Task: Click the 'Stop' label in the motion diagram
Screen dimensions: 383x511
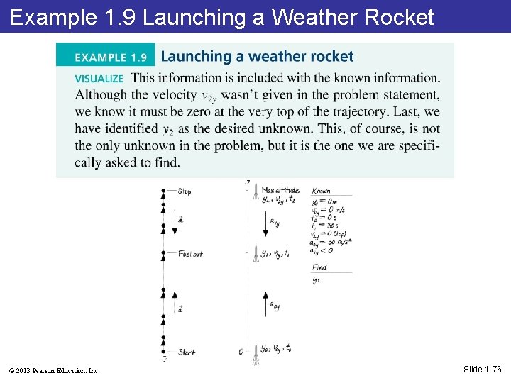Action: click(x=184, y=191)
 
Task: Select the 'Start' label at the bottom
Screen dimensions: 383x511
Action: click(x=187, y=352)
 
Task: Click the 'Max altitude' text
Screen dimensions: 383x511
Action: click(x=280, y=190)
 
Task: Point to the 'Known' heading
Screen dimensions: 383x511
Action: click(x=321, y=191)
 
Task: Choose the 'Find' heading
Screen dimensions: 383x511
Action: click(x=319, y=267)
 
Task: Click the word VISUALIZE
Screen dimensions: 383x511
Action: click(x=99, y=79)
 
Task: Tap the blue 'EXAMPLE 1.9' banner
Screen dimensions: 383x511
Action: click(x=110, y=57)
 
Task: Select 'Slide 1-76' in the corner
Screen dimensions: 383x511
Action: click(x=482, y=370)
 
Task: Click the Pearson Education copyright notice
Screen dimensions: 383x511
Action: click(x=55, y=370)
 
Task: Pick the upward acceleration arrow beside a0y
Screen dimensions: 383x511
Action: click(x=264, y=304)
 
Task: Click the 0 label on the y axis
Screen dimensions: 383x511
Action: click(x=241, y=351)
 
